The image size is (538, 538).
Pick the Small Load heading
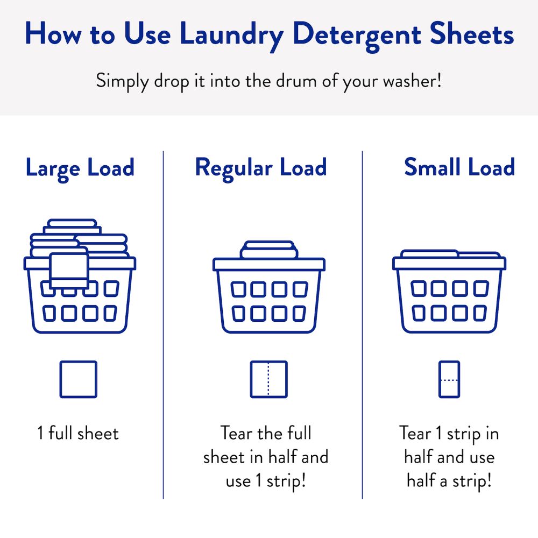coord(459,167)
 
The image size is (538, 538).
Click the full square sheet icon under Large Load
coord(78,379)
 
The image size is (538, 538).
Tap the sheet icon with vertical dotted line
coord(268,379)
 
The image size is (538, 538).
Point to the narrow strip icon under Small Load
coord(449,379)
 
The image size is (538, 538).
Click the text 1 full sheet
coord(78,433)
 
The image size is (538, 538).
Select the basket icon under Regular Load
coord(269,287)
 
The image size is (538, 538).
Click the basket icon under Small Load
coord(449,291)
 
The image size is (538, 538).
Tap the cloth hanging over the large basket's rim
coord(69,271)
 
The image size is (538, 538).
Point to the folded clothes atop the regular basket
coord(269,250)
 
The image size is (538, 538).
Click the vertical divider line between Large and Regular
coord(164,324)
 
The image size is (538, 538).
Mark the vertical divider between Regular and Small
coord(362,324)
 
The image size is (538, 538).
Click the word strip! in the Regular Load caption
coord(286,481)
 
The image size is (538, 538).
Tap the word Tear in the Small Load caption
coord(415,433)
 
